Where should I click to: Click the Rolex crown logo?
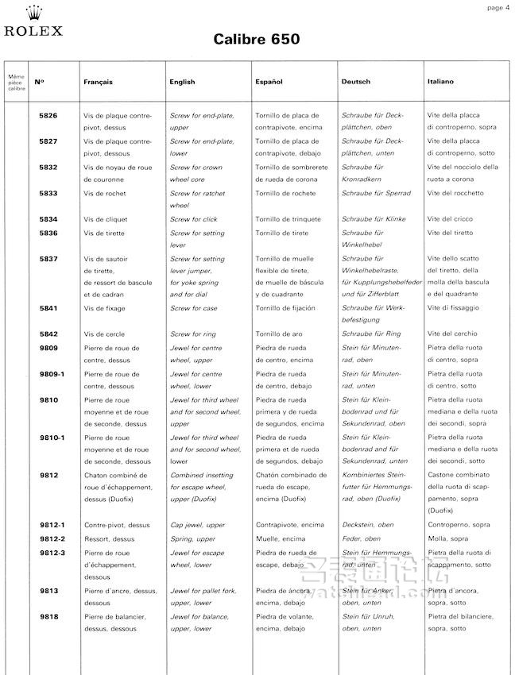click(x=34, y=13)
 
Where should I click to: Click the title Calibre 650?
click(x=257, y=40)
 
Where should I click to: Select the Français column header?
click(x=99, y=82)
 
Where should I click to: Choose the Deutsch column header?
click(x=355, y=82)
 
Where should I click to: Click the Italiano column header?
click(x=441, y=82)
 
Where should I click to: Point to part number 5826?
click(x=48, y=116)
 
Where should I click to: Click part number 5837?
click(x=48, y=259)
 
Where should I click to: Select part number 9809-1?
click(x=52, y=374)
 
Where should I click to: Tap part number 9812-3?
click(x=52, y=552)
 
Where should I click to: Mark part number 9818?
click(x=48, y=616)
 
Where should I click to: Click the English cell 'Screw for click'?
click(x=193, y=219)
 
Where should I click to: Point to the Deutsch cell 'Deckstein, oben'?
click(x=367, y=525)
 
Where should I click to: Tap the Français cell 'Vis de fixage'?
click(x=104, y=308)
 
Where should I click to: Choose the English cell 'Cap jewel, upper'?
click(x=197, y=525)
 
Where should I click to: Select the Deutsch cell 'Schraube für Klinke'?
click(x=373, y=219)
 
